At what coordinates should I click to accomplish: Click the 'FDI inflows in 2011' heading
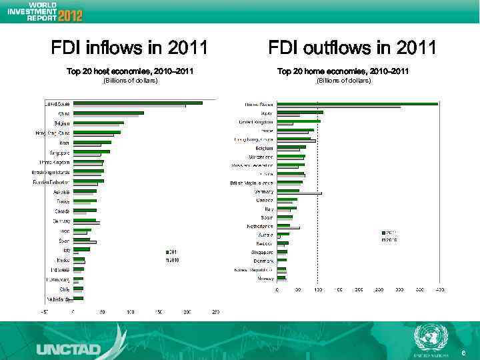(129, 48)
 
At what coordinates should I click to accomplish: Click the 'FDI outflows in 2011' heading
(352, 48)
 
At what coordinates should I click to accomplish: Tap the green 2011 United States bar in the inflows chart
(137, 103)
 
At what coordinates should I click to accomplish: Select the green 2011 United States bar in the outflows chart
(357, 103)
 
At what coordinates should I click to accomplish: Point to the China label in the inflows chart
(63, 113)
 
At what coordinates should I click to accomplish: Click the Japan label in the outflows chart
(265, 113)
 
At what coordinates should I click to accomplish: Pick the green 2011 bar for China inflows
(108, 113)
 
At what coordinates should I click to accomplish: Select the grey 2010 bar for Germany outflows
(299, 193)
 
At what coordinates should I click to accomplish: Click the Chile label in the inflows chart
(64, 289)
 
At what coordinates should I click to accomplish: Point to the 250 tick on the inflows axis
(215, 311)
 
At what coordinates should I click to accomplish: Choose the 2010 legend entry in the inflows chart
(171, 259)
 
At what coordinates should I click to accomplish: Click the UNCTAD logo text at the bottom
(69, 348)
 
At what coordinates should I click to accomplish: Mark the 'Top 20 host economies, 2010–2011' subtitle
(130, 71)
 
